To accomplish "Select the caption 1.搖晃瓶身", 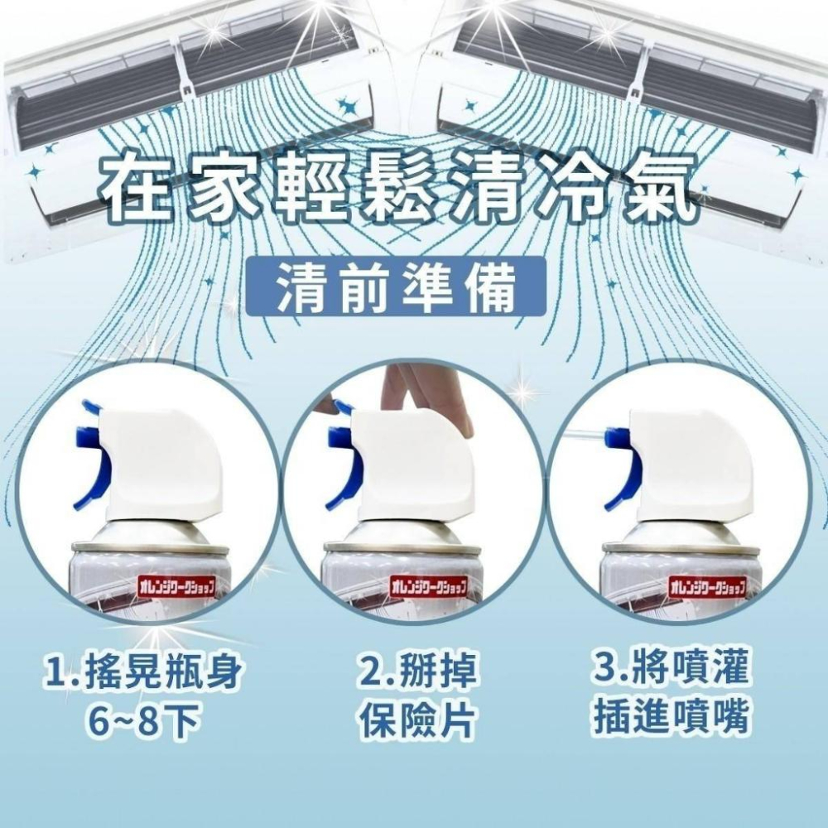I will click(x=144, y=672).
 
